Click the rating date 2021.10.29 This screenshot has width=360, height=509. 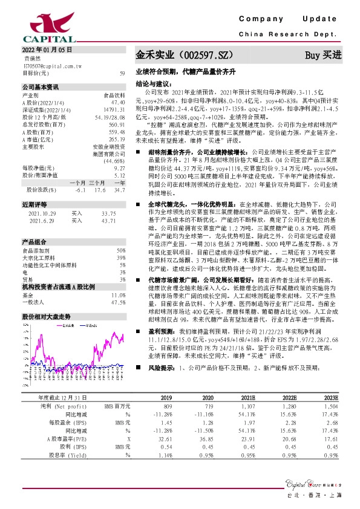(42, 213)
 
